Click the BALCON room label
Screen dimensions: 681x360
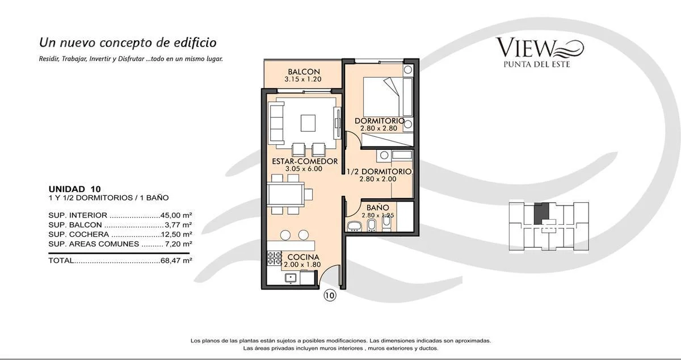tap(304, 72)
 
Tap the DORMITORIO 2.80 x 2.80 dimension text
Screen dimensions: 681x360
tap(379, 128)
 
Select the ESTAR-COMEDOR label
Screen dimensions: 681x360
tap(305, 161)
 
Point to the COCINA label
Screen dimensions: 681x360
tap(303, 257)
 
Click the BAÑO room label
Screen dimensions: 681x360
tap(377, 208)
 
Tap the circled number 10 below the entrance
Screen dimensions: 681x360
tap(330, 295)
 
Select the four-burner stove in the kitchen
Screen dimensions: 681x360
tap(275, 258)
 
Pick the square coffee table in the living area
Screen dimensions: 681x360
tap(308, 123)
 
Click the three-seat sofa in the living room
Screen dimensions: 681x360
tap(276, 123)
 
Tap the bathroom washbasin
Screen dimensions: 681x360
tap(354, 227)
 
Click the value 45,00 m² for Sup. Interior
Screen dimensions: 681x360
tap(176, 215)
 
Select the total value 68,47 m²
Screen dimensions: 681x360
tap(176, 261)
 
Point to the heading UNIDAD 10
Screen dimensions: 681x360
tap(74, 189)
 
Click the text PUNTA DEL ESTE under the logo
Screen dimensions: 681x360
tap(537, 64)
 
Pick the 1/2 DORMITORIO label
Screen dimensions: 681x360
tap(379, 171)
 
